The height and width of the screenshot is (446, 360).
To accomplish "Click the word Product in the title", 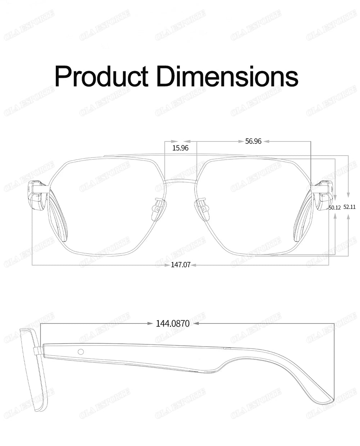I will click(x=101, y=76).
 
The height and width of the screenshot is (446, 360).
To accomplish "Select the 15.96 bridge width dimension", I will click(x=180, y=148).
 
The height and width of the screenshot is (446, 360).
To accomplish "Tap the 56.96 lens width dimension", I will click(x=253, y=141).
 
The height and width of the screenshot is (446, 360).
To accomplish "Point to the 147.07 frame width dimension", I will click(x=180, y=265).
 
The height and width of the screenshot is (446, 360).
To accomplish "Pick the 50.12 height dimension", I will click(x=334, y=208).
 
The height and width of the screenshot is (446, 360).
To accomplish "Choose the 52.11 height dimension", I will click(x=350, y=207).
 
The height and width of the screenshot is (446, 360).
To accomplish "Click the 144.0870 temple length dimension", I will click(x=172, y=324).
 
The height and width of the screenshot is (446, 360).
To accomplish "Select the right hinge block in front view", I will click(x=323, y=195).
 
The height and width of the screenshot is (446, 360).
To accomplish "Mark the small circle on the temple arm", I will click(x=81, y=351).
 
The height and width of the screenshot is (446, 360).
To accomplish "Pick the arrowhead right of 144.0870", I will click(x=197, y=324).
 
